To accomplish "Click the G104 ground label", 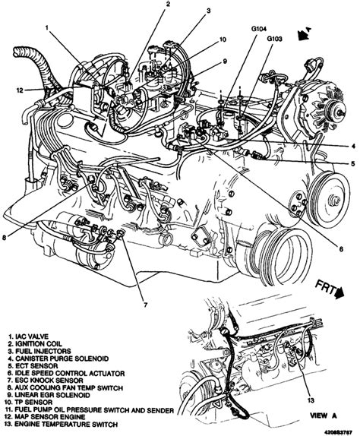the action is click(259, 28).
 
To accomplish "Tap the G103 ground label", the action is click(274, 39).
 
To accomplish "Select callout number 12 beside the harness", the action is click(20, 90).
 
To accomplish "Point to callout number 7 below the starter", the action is click(145, 305).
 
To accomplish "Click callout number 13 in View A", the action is click(311, 400).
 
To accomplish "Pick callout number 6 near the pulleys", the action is click(341, 249).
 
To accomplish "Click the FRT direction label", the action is click(325, 289).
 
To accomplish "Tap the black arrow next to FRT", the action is click(339, 293).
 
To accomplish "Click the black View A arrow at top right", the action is click(304, 34).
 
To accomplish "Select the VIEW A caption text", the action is click(324, 415).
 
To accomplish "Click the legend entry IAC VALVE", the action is click(28, 336).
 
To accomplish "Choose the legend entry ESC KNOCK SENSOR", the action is click(46, 380).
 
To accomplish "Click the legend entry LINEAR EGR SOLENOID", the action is click(49, 395).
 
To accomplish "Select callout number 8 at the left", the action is click(4, 237).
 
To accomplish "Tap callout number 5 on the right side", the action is click(352, 163).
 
